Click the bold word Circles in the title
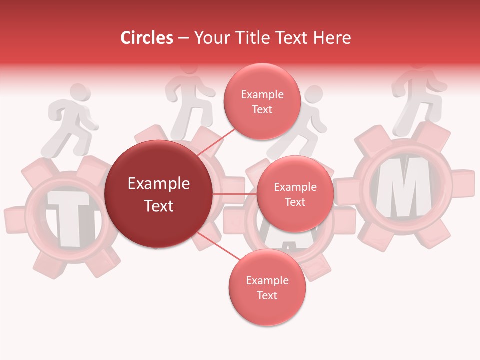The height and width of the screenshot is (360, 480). [146, 38]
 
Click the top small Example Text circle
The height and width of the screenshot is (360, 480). [262, 101]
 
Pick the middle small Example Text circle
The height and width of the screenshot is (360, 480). [295, 194]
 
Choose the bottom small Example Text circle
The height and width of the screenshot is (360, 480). [267, 288]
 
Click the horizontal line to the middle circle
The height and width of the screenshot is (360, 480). [235, 194]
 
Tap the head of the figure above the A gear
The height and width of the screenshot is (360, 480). [314, 95]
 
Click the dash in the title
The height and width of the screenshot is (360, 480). [183, 38]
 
